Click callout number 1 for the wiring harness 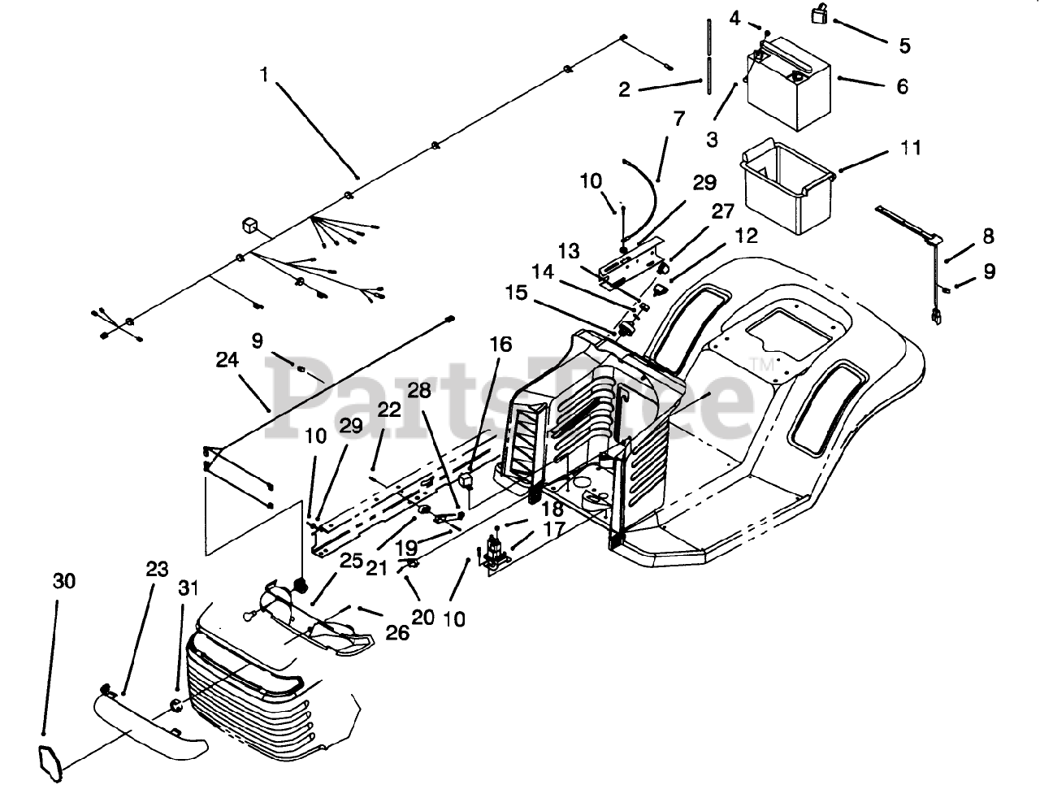point(263,75)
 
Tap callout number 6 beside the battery point(902,86)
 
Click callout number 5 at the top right point(904,46)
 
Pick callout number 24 point(228,358)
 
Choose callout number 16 point(501,345)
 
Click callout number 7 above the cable point(679,121)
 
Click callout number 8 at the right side point(988,237)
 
